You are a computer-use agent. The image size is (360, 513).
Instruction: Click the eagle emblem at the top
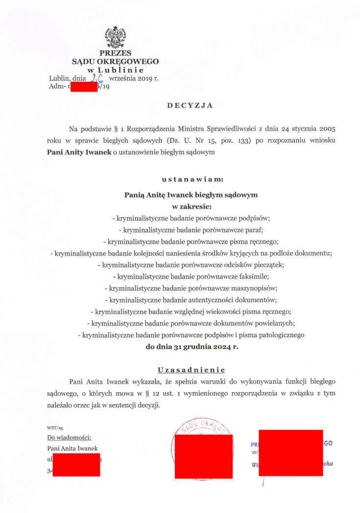pos(115,38)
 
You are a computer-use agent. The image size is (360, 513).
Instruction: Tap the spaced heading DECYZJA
pos(191,105)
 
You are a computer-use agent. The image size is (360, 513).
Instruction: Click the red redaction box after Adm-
pos(84,87)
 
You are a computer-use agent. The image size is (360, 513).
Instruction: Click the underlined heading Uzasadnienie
pos(191,369)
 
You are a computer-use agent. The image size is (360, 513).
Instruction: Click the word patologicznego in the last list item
pos(279,335)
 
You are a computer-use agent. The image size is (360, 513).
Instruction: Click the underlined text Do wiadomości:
pos(69,438)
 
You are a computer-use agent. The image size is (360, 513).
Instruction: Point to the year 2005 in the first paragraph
pos(328,129)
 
